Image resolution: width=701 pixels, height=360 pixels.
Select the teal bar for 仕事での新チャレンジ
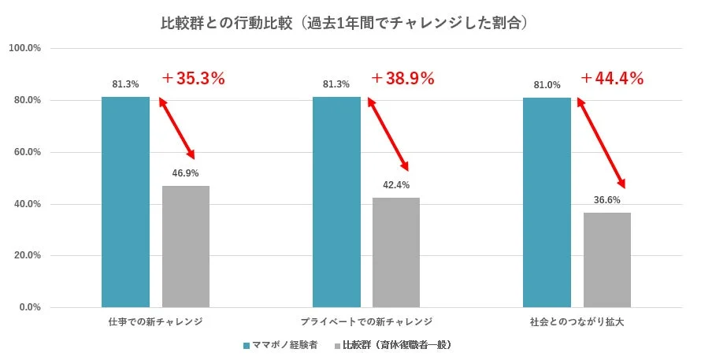pyautogui.click(x=125, y=202)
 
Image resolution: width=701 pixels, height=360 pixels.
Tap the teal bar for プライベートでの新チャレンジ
pyautogui.click(x=336, y=202)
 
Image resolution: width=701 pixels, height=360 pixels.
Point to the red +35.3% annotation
pyautogui.click(x=194, y=79)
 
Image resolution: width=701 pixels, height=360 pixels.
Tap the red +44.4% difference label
pyautogui.click(x=613, y=79)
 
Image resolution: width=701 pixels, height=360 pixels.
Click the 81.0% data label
pyautogui.click(x=547, y=85)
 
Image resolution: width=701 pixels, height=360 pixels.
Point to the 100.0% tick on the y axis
pyautogui.click(x=24, y=49)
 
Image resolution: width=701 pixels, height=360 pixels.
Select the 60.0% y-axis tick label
pyautogui.click(x=26, y=152)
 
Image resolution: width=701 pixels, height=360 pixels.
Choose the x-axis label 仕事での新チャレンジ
pyautogui.click(x=155, y=322)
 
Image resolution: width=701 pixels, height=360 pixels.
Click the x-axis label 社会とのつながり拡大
pyautogui.click(x=577, y=322)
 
